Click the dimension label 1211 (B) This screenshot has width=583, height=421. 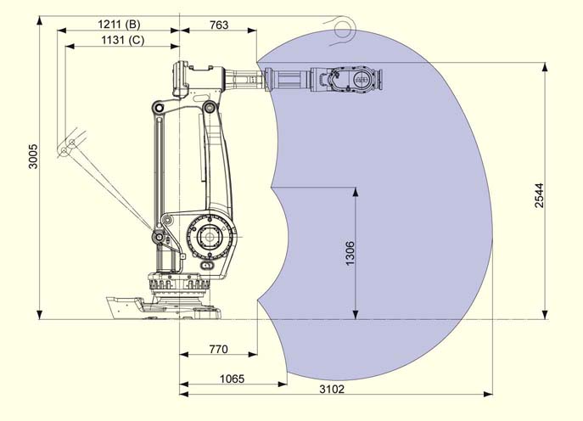pyautogui.click(x=119, y=25)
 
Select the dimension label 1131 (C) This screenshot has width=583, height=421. pyautogui.click(x=123, y=40)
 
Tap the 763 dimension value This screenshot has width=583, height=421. pyautogui.click(x=219, y=25)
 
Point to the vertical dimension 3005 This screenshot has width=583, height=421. pyautogui.click(x=33, y=156)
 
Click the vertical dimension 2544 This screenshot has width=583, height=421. pyautogui.click(x=539, y=195)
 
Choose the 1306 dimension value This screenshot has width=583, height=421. pyautogui.click(x=350, y=253)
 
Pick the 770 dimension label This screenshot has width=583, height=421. pyautogui.click(x=218, y=349)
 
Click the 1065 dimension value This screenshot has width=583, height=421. pyautogui.click(x=232, y=379)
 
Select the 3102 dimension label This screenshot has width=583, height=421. pyautogui.click(x=332, y=389)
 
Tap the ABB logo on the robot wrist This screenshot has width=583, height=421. pyautogui.click(x=361, y=79)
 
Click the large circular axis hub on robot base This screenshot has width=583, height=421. pyautogui.click(x=210, y=237)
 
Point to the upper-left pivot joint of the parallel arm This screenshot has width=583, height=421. pyautogui.click(x=160, y=108)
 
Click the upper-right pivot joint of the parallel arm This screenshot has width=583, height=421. pyautogui.click(x=210, y=107)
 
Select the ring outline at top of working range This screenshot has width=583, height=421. pyautogui.click(x=344, y=29)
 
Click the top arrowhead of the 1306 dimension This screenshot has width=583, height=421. pyautogui.click(x=356, y=192)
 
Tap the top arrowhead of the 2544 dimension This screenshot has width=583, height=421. pyautogui.click(x=545, y=67)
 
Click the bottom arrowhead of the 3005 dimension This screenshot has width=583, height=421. pyautogui.click(x=39, y=315)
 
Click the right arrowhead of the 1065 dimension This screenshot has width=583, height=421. pyautogui.click(x=283, y=384)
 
